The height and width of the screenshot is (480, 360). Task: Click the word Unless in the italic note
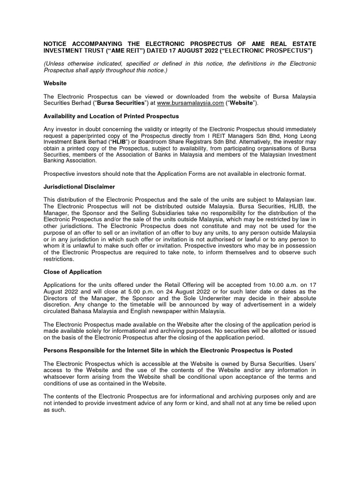click(x=56, y=63)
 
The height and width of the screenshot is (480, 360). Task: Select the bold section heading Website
click(x=55, y=83)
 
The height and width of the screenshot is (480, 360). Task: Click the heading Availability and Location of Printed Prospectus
click(x=111, y=116)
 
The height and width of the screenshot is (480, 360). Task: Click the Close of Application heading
click(x=72, y=271)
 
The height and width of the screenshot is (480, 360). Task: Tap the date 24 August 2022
click(x=178, y=291)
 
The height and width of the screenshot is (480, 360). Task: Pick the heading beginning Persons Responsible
click(x=168, y=350)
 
